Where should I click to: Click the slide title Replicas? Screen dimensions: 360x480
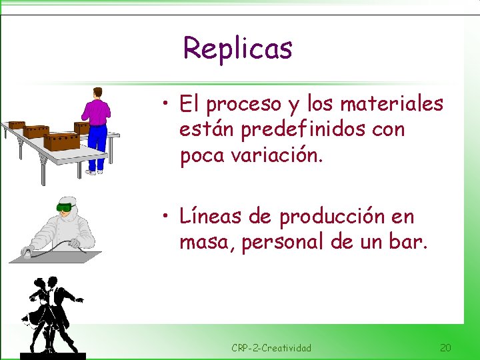237,48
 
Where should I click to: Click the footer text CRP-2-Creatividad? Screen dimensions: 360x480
271,348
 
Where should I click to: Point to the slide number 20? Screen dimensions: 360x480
445,347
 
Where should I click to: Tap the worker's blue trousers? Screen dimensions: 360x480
97,147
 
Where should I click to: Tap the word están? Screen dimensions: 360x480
205,129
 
